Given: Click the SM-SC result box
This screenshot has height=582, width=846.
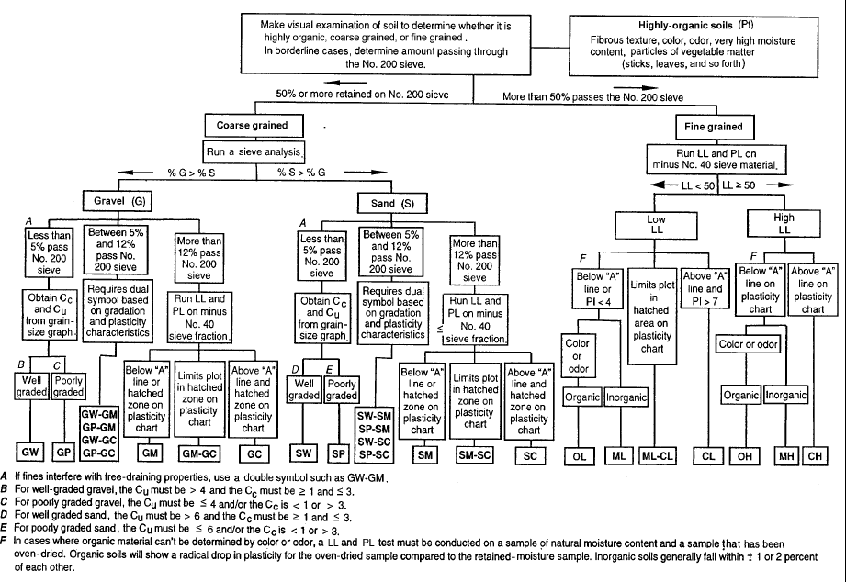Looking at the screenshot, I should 475,453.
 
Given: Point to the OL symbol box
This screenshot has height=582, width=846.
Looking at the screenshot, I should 580,454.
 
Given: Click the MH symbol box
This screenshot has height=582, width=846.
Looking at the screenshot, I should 786,454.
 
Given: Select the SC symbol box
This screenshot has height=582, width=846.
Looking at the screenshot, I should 528,453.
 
